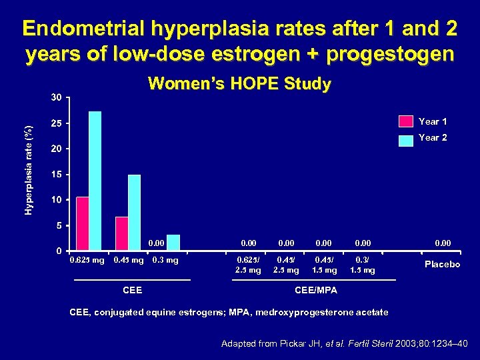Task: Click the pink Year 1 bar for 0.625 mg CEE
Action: click(x=82, y=223)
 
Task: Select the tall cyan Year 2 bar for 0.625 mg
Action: click(x=95, y=180)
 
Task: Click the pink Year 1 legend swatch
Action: click(x=405, y=121)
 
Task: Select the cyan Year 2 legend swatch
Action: click(x=405, y=139)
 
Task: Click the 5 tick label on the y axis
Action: click(x=59, y=226)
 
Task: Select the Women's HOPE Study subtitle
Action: click(x=239, y=84)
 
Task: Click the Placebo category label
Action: click(x=442, y=265)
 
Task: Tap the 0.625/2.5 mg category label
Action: click(x=248, y=265)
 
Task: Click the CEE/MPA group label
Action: click(x=316, y=290)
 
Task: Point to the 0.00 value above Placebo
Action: click(x=442, y=244)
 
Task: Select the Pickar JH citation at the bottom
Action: click(x=345, y=344)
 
